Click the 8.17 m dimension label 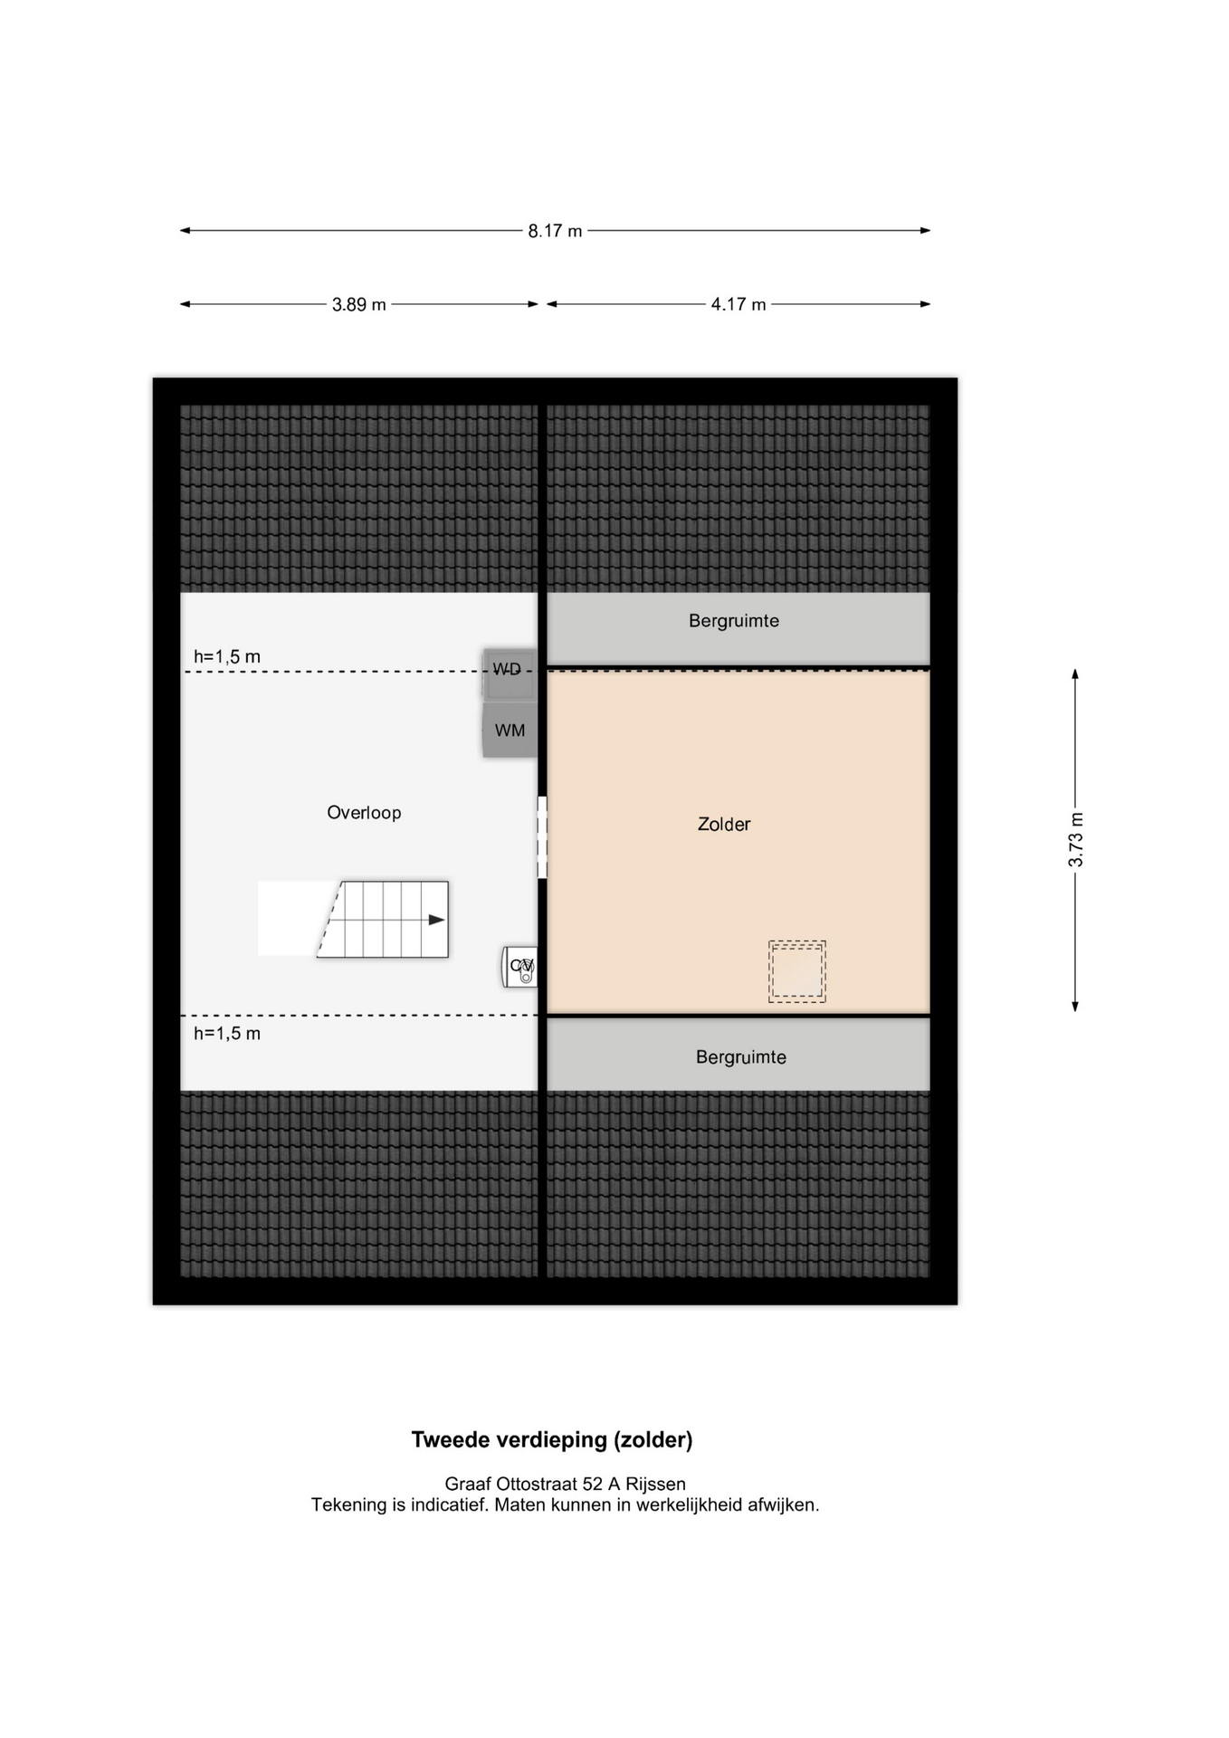pos(555,231)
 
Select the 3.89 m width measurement pos(358,304)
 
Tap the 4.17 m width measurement pos(738,304)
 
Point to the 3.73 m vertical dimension pos(1075,839)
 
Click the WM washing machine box pos(510,730)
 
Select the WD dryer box pos(509,674)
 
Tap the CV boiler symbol pos(520,967)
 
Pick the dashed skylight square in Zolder pos(797,971)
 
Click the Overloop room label pos(364,813)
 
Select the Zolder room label pos(724,824)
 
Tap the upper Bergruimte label pos(734,621)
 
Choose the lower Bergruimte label pos(741,1057)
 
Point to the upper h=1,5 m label pos(227,656)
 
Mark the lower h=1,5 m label pos(227,1033)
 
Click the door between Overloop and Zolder pos(542,837)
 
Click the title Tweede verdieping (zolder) pos(552,1439)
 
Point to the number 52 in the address pos(593,1484)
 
